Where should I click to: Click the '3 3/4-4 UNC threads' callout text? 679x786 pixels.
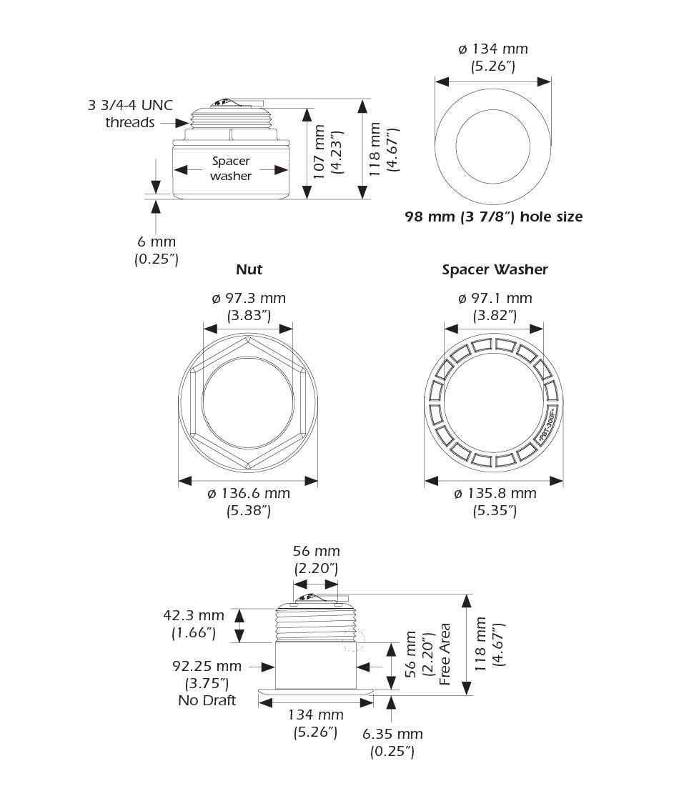coord(130,114)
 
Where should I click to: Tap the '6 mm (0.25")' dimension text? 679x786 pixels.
coord(157,251)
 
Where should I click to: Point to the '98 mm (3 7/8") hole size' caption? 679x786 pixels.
coord(493,216)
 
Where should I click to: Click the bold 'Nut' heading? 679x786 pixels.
coord(249,269)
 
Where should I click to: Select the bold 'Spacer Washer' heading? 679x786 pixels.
coord(495,269)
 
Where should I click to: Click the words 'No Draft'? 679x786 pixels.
coord(207,701)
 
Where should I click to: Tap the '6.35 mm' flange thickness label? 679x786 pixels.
coord(392,734)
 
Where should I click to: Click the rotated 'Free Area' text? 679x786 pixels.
coord(445,655)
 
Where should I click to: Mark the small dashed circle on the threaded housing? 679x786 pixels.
coord(353,640)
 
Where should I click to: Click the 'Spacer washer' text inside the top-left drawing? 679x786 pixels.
coord(231,169)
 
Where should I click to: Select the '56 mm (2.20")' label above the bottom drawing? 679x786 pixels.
coord(316,559)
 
